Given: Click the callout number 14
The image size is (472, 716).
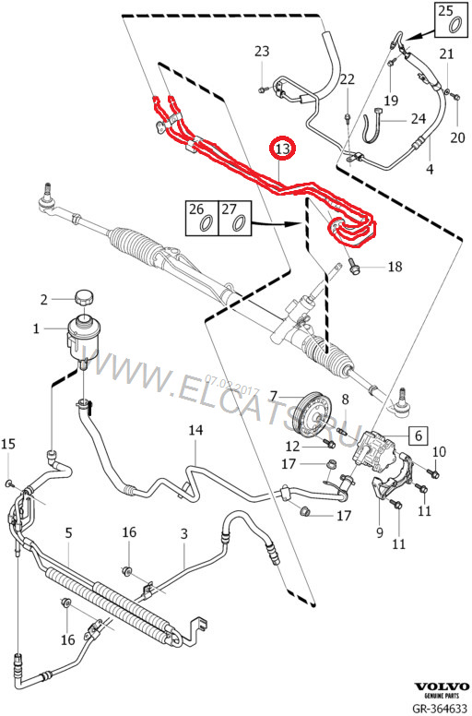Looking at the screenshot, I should click(195, 430).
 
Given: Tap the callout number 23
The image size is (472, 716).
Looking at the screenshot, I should click(262, 50).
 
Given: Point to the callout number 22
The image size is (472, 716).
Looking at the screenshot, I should click(347, 80).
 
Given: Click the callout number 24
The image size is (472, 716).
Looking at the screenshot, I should click(418, 118).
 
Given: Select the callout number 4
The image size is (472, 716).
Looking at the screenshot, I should click(429, 170).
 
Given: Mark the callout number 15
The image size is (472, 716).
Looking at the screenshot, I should click(8, 445).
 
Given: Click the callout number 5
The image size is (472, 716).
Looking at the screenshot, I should click(67, 533).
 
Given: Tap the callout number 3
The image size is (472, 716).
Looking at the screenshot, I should click(183, 533).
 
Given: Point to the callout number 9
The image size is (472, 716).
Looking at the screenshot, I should click(377, 531).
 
